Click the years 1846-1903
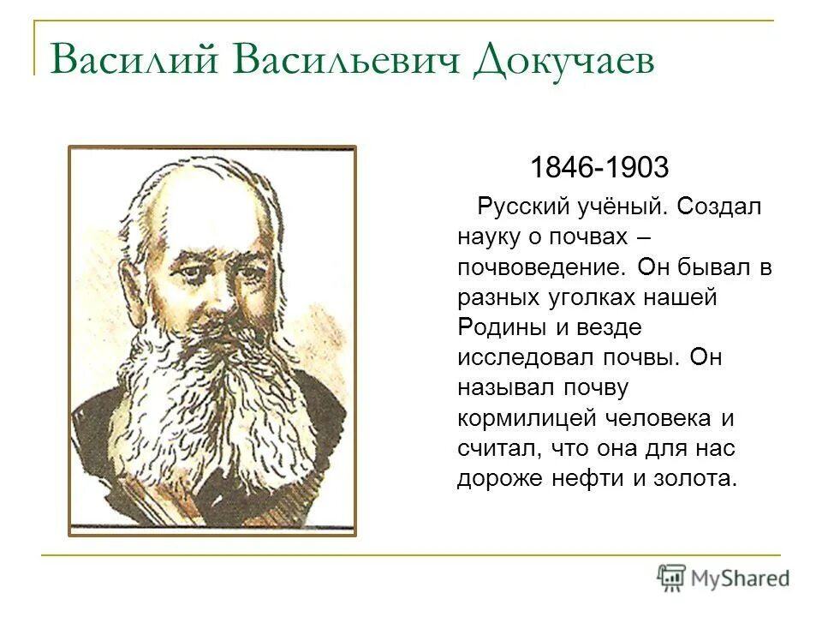point(599,167)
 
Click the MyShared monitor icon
point(672,578)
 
